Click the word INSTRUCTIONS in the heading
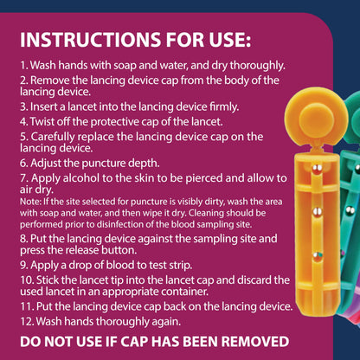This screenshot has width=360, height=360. pyautogui.click(x=90, y=40)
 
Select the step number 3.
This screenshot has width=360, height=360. pyautogui.click(x=23, y=107)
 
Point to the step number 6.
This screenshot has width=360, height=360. pyautogui.click(x=23, y=164)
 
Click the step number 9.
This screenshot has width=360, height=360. pyautogui.click(x=23, y=265)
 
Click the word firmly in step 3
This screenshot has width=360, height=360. pyautogui.click(x=224, y=107)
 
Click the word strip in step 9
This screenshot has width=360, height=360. pyautogui.click(x=181, y=266)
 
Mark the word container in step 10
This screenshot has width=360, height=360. pyautogui.click(x=184, y=292)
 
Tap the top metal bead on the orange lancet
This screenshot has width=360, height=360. pyautogui.click(x=318, y=169)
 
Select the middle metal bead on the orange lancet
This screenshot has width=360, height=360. pyautogui.click(x=318, y=212)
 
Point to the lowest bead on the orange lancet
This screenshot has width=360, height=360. pyautogui.click(x=318, y=255)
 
